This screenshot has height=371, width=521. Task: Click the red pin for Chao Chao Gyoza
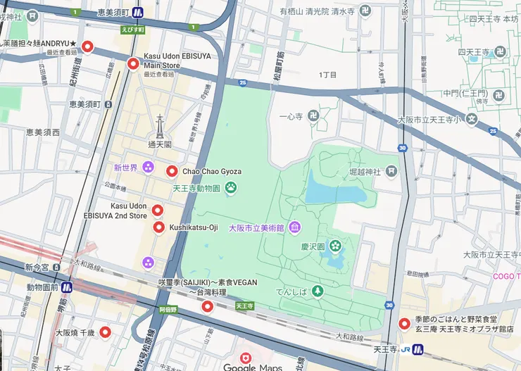(172, 171)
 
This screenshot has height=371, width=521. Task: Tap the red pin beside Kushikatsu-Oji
(158, 227)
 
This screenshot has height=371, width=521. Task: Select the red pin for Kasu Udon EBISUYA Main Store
(133, 65)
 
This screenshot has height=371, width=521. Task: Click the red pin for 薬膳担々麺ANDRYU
(88, 47)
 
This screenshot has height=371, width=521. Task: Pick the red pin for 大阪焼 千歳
(106, 332)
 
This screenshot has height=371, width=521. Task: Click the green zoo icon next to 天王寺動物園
(230, 188)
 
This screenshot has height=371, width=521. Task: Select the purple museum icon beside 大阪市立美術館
(294, 227)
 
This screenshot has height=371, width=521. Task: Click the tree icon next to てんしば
(318, 290)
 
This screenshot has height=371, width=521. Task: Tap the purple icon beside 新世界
(148, 168)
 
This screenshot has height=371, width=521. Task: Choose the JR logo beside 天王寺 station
(408, 349)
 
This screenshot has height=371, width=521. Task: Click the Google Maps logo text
(252, 367)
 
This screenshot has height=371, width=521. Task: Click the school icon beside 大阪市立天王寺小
(472, 120)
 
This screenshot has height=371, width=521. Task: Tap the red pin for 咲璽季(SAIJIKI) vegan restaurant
(207, 306)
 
